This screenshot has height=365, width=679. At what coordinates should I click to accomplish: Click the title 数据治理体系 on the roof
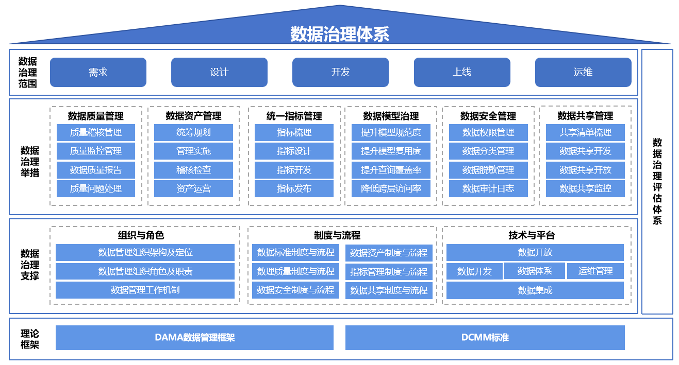pos(339,34)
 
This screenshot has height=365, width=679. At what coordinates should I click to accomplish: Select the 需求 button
pos(98,72)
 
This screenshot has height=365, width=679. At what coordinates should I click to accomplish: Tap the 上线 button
pos(462,72)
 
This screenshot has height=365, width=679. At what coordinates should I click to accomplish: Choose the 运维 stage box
pos(583,72)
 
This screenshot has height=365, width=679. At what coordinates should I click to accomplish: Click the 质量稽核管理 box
pos(96,132)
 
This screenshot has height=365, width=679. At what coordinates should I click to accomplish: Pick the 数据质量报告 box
pos(96,170)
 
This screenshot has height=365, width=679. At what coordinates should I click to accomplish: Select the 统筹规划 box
pos(193,132)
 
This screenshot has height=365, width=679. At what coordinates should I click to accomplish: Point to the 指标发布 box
pos(294,188)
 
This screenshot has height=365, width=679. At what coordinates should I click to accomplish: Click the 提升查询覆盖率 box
pos(391,170)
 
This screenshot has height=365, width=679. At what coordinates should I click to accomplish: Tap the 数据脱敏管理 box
pos(488,170)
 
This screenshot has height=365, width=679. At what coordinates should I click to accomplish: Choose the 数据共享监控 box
pos(585,188)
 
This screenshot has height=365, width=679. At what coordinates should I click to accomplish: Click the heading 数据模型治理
pos(391,116)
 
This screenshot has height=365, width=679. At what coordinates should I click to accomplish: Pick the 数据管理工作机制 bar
pos(145,290)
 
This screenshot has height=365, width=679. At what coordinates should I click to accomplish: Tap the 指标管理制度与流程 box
pos(389,271)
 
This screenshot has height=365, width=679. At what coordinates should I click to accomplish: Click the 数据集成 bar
pos(535,290)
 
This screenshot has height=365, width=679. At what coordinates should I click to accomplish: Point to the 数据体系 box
pos(535,271)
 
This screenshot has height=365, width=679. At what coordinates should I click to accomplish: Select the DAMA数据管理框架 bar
pos(194,338)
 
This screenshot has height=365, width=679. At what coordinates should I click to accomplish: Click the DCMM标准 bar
pos(485,338)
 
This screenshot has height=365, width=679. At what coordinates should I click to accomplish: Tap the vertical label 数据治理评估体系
pos(657,181)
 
